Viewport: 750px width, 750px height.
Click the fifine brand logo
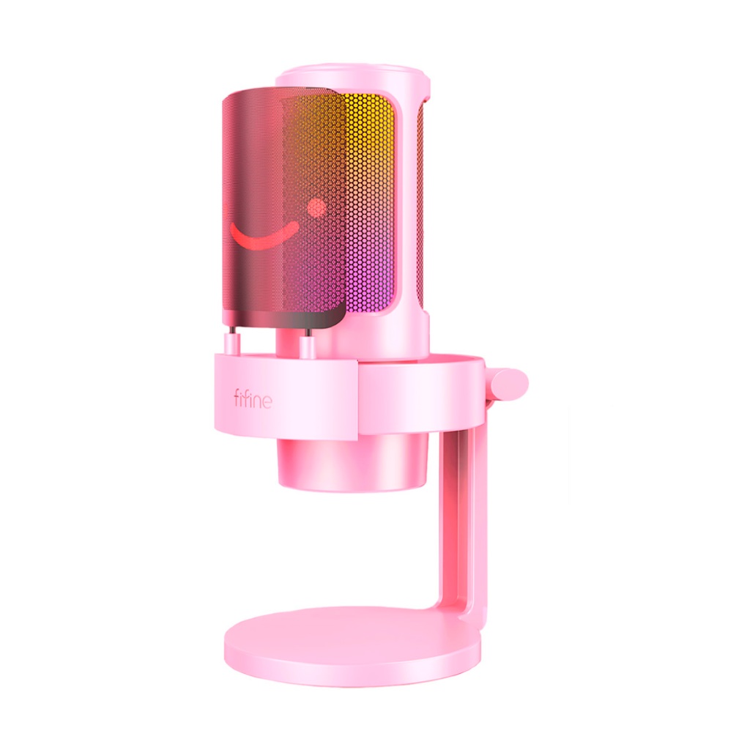253,398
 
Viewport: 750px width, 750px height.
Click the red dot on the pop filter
316,207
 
